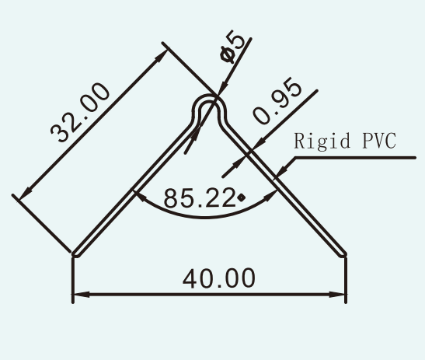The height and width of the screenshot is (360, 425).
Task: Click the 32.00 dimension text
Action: (x=80, y=113)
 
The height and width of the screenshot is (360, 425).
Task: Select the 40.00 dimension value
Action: (x=219, y=278)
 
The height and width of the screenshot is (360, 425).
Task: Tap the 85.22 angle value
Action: (x=199, y=197)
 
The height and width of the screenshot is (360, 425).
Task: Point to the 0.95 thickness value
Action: (x=277, y=100)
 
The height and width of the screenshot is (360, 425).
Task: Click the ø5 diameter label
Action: (x=233, y=47)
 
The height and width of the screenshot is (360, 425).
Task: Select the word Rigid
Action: (x=322, y=141)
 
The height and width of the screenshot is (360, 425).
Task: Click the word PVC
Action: (x=379, y=141)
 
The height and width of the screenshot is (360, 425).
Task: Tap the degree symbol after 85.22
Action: (x=241, y=197)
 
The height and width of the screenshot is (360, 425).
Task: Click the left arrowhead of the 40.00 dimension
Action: (x=82, y=295)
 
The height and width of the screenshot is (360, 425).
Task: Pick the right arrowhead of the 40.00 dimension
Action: (x=337, y=295)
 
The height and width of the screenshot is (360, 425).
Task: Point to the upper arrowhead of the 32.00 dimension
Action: (x=160, y=55)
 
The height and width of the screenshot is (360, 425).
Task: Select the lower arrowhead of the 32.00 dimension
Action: (x=25, y=194)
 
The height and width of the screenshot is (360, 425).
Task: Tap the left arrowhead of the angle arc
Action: (x=141, y=196)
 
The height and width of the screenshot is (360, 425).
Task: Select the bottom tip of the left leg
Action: (x=75, y=255)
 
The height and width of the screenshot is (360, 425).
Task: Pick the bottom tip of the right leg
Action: (x=343, y=255)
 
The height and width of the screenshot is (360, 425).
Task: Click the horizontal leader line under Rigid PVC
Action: (x=355, y=157)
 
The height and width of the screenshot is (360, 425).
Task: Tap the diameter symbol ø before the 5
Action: (x=227, y=54)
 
